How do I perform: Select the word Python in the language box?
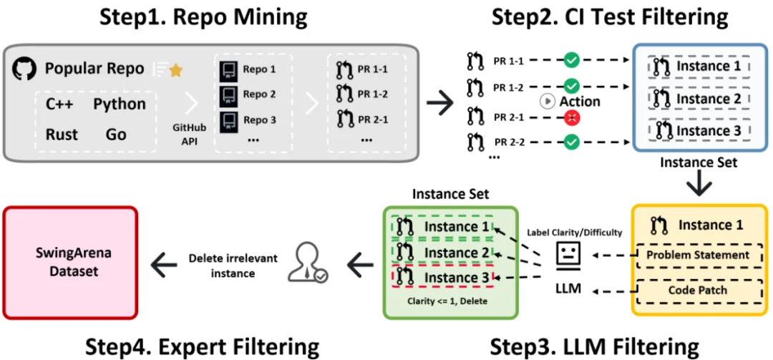tap(119, 104)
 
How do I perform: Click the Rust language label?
tap(62, 135)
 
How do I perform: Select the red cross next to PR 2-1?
tap(571, 117)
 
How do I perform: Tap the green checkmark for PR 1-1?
tap(571, 60)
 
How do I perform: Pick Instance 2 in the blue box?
tap(698, 99)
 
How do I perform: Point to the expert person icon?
tap(306, 264)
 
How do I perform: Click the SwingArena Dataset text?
tap(69, 263)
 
